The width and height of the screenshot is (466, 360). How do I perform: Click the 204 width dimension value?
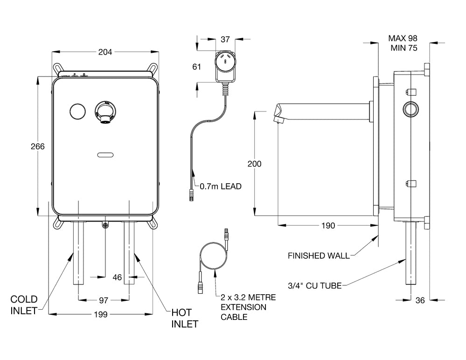pos(105,52)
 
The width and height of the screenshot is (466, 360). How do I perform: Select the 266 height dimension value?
pos(37,146)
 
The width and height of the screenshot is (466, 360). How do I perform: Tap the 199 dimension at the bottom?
pos(101,314)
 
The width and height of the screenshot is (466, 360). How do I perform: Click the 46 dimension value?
pos(117,277)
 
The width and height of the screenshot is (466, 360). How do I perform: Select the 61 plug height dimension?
pos(196,67)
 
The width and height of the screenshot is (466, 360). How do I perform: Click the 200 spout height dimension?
pos(254,164)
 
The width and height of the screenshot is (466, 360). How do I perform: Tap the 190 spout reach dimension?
pos(328,226)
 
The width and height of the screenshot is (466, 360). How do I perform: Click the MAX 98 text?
pos(403,38)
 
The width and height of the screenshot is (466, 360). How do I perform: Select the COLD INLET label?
pos(24,305)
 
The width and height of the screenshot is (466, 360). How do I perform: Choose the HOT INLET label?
pos(185,318)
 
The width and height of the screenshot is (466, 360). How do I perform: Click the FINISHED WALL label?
pos(319,256)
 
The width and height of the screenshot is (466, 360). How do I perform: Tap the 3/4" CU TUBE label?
pos(315,285)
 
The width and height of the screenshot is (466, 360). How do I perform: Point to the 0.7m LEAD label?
pos(220,187)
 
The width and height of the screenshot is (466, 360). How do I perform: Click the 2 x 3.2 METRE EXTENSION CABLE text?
pos(248,307)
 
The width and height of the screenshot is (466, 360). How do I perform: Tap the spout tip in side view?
pos(278,119)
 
